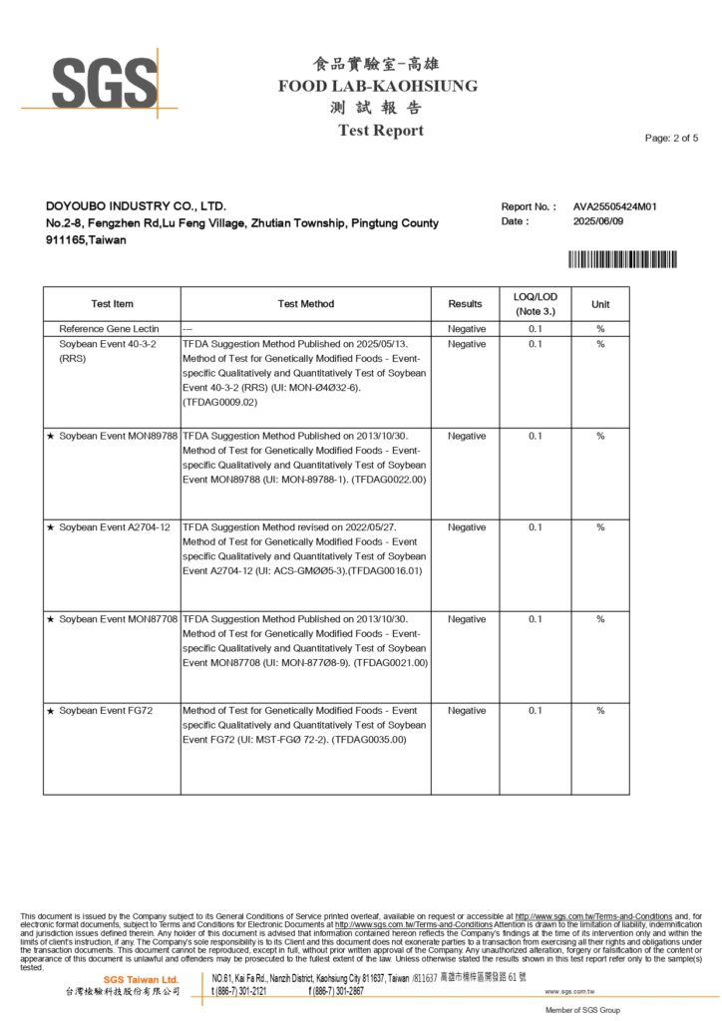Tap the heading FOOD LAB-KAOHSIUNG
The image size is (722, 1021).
(x=378, y=86)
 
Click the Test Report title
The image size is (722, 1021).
(x=380, y=131)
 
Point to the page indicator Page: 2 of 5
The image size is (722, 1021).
(x=671, y=138)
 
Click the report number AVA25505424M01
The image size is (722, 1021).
(x=614, y=207)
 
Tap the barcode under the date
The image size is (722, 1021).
(x=622, y=259)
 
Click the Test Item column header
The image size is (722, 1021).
(x=112, y=304)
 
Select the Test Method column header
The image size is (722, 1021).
(x=306, y=304)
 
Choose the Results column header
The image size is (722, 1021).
(x=466, y=304)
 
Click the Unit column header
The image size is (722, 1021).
(x=600, y=304)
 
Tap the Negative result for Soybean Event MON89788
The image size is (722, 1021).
(x=467, y=436)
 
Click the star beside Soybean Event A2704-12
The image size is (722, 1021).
(x=51, y=527)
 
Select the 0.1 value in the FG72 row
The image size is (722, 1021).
(x=536, y=711)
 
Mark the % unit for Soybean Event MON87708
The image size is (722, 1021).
(x=600, y=619)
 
